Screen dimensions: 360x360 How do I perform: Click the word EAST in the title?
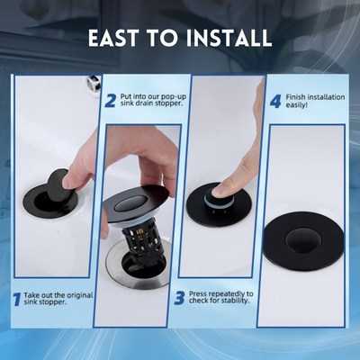[x=112, y=38]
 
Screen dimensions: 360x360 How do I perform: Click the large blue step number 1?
[x=17, y=299]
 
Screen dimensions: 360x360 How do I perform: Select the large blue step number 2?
[x=110, y=101]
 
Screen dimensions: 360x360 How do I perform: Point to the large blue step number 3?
[x=179, y=298]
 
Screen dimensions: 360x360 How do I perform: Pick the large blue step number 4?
[x=275, y=101]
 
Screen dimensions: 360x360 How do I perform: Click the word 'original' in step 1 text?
[x=80, y=295]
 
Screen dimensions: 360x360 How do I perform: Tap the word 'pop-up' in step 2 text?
[x=174, y=97]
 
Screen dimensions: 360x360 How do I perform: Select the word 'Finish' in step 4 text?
[x=295, y=97]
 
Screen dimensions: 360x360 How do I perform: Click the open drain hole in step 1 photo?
[x=48, y=202]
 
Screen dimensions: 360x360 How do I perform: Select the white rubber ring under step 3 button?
[x=218, y=202]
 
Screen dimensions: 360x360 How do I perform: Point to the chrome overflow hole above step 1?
[x=94, y=83]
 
